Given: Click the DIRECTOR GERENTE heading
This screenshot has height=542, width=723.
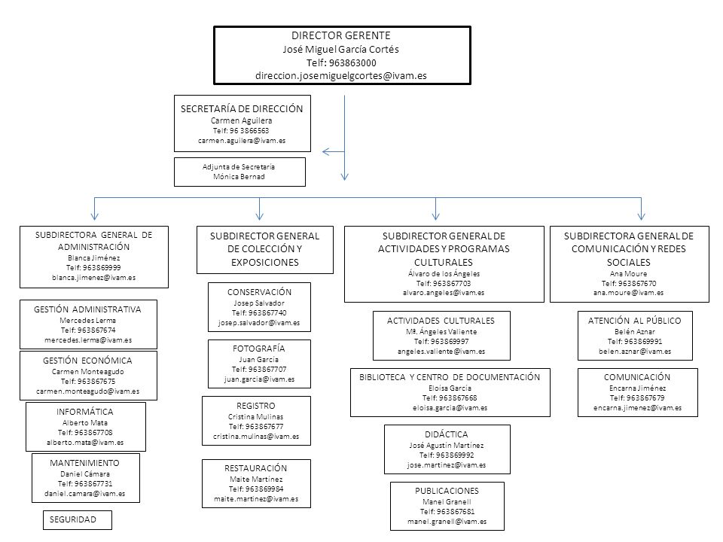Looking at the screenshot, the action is click(x=340, y=35).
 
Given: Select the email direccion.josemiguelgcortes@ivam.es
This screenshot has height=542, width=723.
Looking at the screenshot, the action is click(x=340, y=75).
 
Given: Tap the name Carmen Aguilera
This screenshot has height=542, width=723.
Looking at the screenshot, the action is click(x=241, y=120).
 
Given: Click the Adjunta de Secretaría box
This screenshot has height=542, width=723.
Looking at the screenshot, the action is click(x=239, y=172).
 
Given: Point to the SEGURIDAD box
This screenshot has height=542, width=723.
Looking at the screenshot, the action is click(x=78, y=520).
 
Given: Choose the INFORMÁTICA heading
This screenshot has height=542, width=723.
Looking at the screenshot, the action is click(x=85, y=412).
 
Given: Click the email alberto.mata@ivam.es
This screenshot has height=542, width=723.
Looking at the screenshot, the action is click(x=85, y=443).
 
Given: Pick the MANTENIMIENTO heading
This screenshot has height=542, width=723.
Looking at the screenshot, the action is click(x=84, y=463).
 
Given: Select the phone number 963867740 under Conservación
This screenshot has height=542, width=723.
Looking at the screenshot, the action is click(x=267, y=312).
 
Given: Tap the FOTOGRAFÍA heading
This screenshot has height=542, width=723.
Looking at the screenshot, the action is click(x=258, y=349).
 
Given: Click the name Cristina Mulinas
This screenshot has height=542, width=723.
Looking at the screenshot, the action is click(x=255, y=416).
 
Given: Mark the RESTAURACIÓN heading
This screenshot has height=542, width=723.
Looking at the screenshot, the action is click(x=255, y=468).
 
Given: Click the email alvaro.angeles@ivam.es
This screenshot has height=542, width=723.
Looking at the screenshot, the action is click(x=444, y=293).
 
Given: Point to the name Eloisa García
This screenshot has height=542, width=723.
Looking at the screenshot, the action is click(x=450, y=388).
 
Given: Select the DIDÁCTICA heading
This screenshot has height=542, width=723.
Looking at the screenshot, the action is click(x=447, y=434).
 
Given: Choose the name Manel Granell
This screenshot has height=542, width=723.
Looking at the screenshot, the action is click(x=447, y=501).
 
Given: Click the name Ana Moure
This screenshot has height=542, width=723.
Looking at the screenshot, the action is click(x=628, y=273).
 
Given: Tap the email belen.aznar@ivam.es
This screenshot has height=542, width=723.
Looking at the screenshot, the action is click(x=635, y=352).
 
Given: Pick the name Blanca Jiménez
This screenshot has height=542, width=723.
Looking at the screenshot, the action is click(x=93, y=258).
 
